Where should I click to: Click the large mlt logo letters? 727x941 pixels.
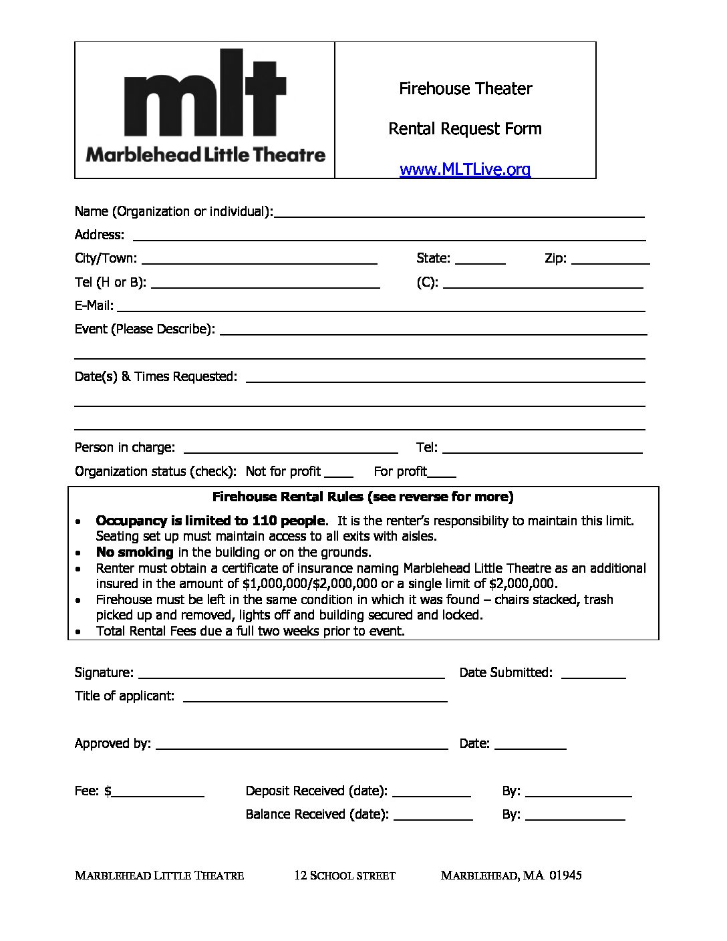205,94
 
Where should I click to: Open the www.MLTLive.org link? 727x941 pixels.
465,170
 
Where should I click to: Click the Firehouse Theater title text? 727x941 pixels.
465,88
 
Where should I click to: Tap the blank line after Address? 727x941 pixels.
389,236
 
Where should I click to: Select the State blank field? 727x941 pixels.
480,260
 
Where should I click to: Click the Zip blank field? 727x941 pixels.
611,260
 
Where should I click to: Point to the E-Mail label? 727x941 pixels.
94,306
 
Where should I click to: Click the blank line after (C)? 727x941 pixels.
543,284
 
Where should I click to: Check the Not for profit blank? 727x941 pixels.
339,473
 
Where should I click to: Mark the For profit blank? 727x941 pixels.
442,473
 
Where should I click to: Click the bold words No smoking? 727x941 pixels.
134,552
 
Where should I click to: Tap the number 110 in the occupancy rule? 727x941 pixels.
264,521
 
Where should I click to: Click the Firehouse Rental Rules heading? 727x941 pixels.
363,497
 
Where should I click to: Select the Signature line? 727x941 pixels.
291,674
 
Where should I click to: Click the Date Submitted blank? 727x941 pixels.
593,674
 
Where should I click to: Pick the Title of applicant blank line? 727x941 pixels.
315,698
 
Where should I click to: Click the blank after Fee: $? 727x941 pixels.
158,793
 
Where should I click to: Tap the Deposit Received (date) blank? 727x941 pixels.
432,793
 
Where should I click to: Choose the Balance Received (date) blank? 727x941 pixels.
433,816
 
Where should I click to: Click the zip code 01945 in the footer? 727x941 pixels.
565,876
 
